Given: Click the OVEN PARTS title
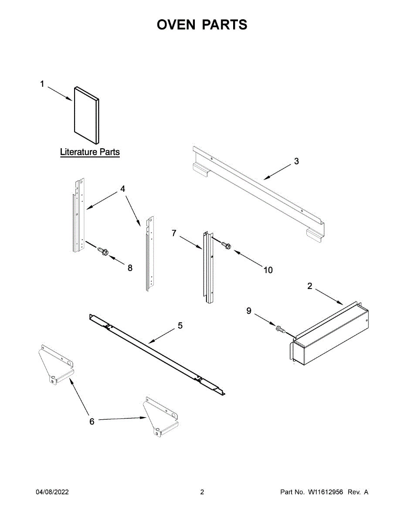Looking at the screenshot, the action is pyautogui.click(x=202, y=25).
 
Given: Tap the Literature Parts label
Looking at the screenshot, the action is pyautogui.click(x=90, y=152).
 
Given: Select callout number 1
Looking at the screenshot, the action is pyautogui.click(x=42, y=84).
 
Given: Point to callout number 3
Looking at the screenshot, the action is pyautogui.click(x=296, y=161).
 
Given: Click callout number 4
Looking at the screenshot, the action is pyautogui.click(x=122, y=189).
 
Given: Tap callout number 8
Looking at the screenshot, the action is pyautogui.click(x=130, y=268).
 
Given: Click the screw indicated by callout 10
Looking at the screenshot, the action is pyautogui.click(x=226, y=246).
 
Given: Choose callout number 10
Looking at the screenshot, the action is pyautogui.click(x=268, y=270).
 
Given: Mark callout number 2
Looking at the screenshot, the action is pyautogui.click(x=309, y=286).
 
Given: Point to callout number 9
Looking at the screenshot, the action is pyautogui.click(x=249, y=311).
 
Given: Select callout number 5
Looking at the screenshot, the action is pyautogui.click(x=180, y=325).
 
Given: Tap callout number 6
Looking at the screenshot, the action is pyautogui.click(x=92, y=421).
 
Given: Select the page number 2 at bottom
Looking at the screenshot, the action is pyautogui.click(x=202, y=492).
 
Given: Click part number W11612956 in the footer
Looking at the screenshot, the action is pyautogui.click(x=326, y=492).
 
